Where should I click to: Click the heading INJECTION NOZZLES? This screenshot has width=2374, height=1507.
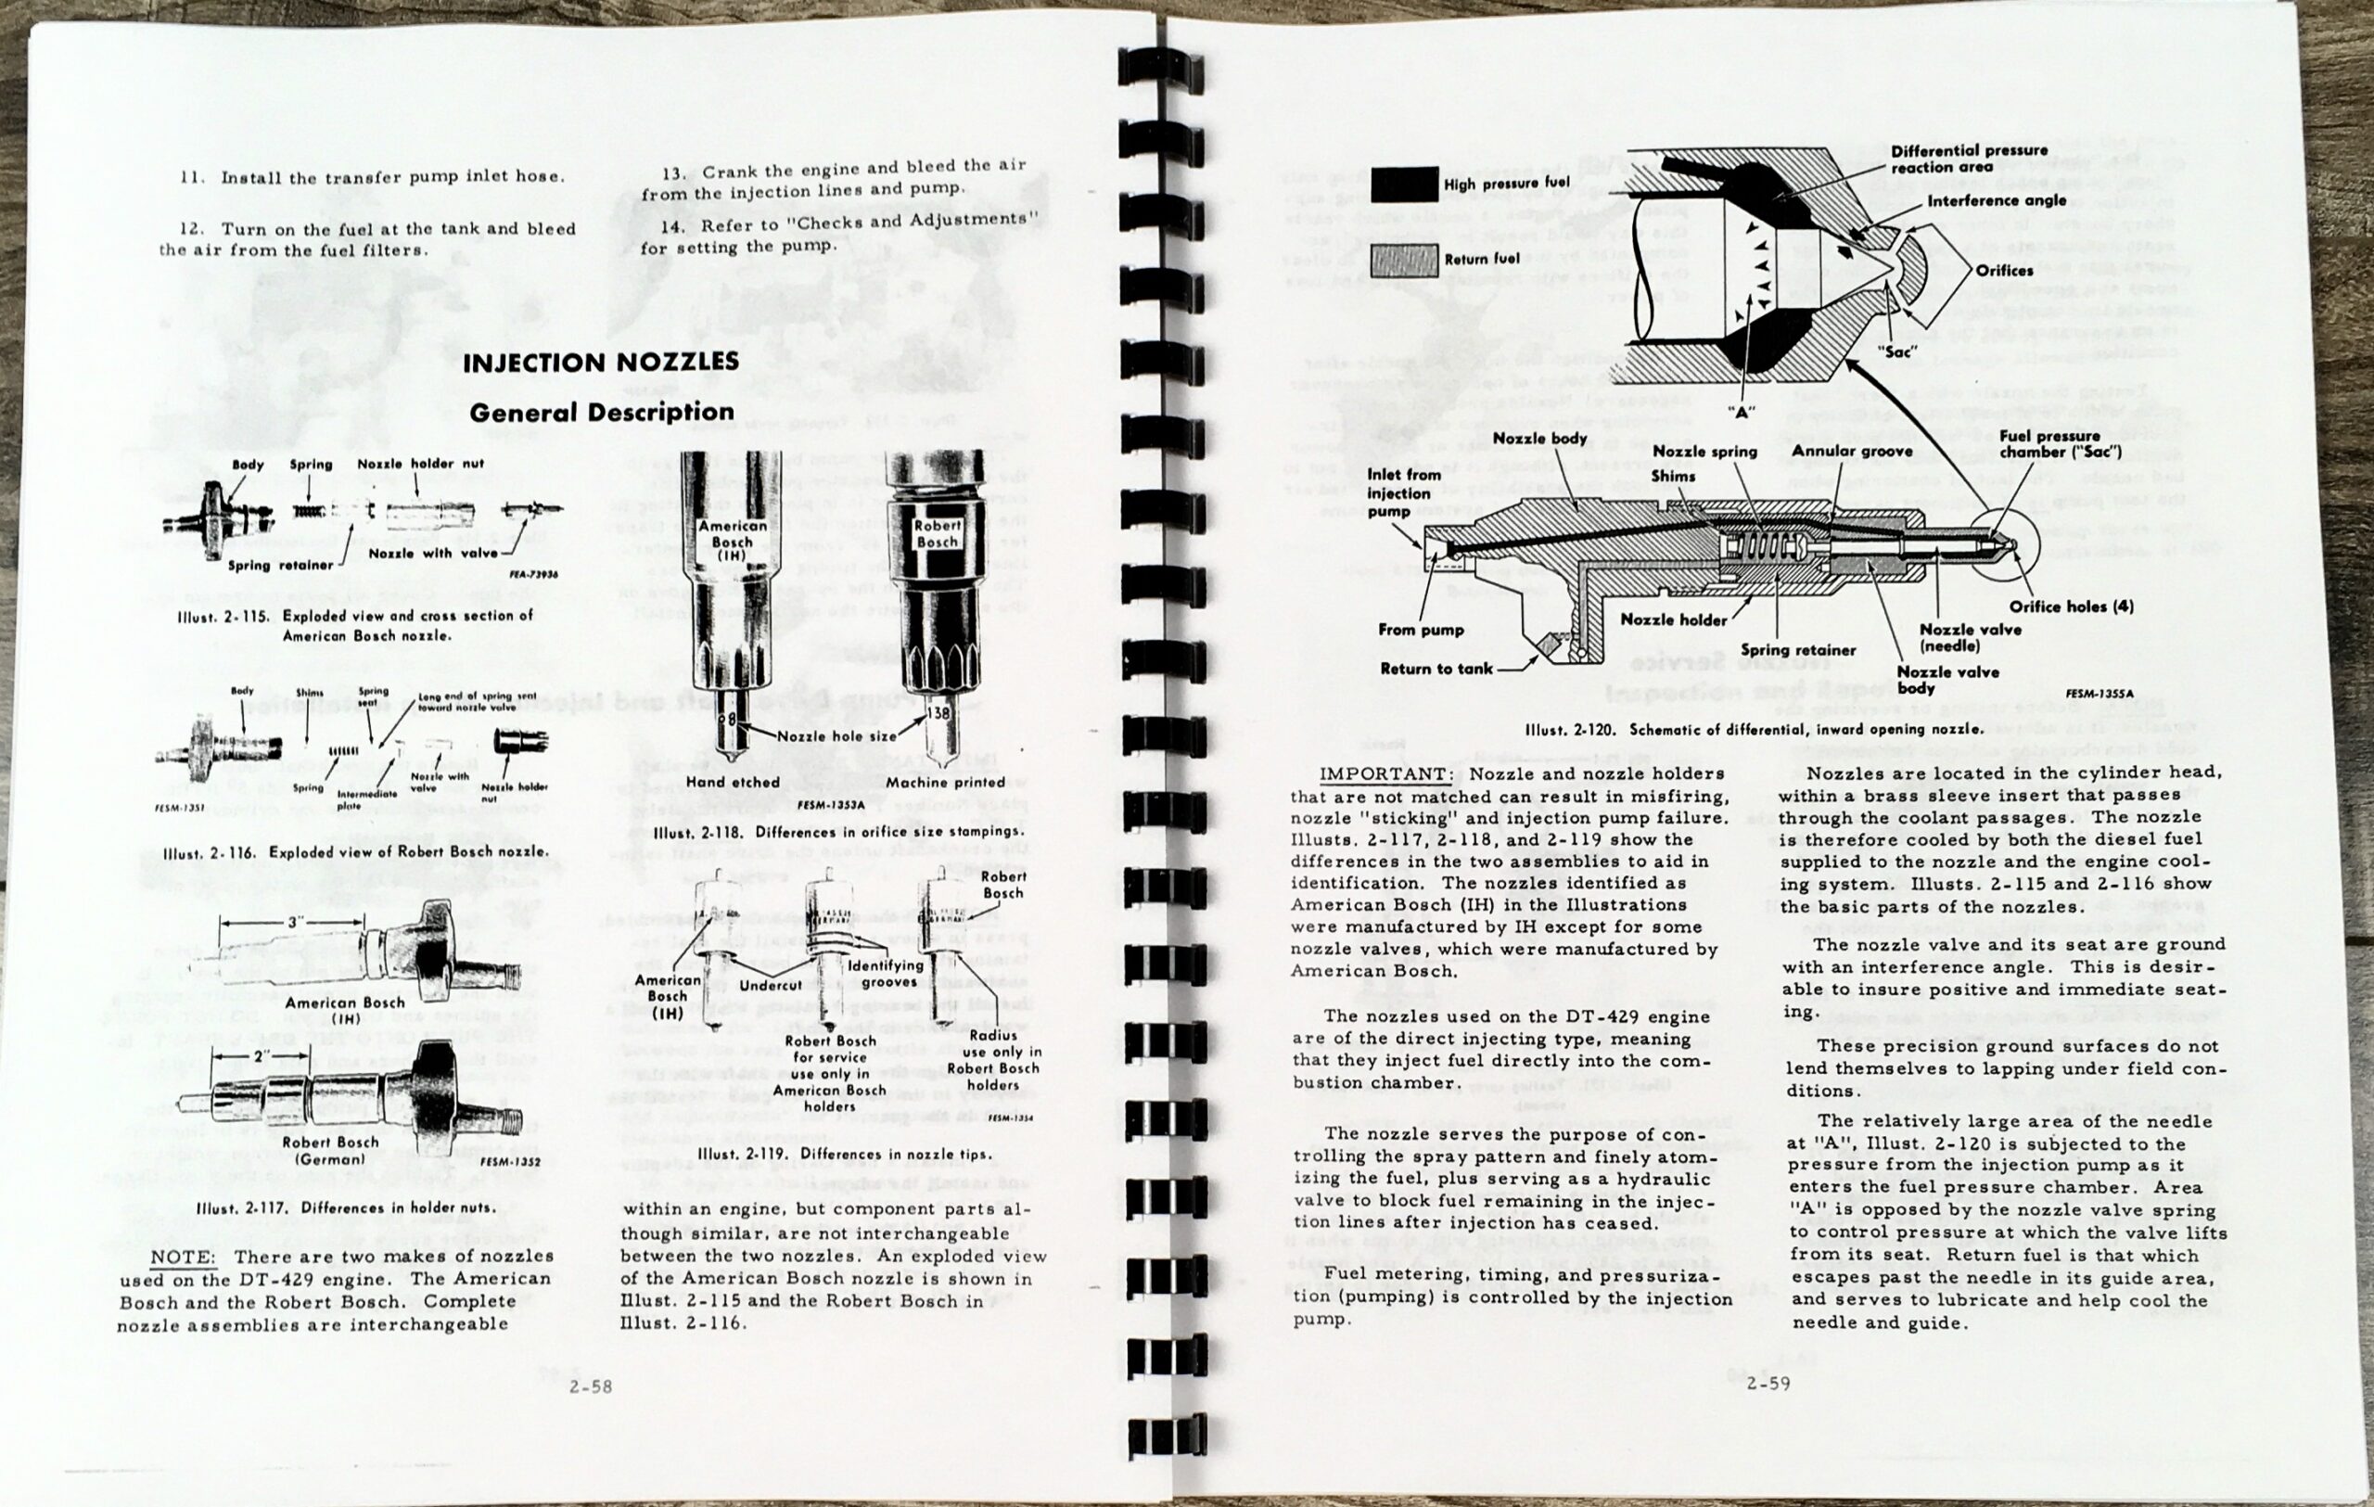tap(600, 362)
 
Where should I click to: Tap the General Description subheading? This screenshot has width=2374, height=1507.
tap(602, 412)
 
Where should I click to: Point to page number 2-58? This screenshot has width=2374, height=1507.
tap(591, 1386)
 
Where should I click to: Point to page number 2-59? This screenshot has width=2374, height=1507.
tap(1768, 1383)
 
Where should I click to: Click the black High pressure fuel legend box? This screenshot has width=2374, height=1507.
tap(1403, 185)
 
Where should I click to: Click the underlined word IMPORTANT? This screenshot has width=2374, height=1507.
tap(1385, 773)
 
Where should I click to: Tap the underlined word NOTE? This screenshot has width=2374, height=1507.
tap(182, 1257)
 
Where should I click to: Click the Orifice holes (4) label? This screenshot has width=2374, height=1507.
tap(2072, 607)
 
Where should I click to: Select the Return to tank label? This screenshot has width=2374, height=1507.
tap(1436, 669)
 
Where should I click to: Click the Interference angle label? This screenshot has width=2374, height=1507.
tap(1997, 200)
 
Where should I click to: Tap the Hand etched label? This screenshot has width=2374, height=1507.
tap(733, 782)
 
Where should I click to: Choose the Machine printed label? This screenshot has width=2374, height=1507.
tap(944, 782)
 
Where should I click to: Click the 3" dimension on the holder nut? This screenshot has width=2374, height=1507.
tap(295, 923)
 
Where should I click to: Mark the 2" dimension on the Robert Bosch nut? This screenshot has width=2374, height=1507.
tap(262, 1055)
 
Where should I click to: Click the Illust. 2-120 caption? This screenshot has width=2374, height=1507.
tap(1754, 729)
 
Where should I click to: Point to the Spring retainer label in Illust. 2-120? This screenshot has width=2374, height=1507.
tap(1797, 649)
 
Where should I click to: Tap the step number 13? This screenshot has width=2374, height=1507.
tap(674, 172)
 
